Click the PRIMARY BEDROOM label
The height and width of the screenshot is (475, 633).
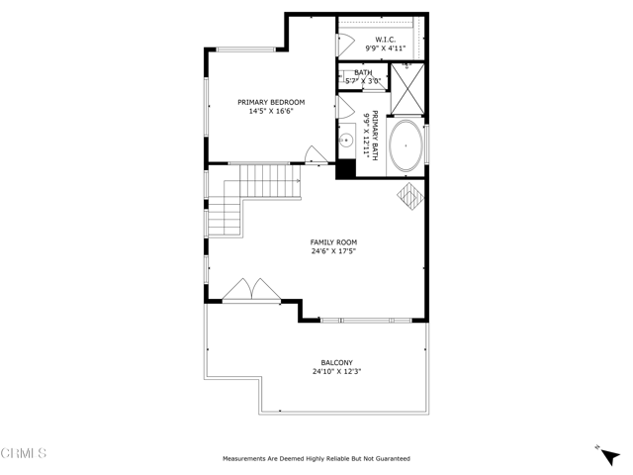click(271, 102)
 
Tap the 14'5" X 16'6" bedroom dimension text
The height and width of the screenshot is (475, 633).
click(271, 112)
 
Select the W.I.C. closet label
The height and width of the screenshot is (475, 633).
click(386, 40)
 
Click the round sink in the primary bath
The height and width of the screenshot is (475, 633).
click(347, 142)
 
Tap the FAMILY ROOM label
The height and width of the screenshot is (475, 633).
click(333, 241)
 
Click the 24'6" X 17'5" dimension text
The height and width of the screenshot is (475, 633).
click(333, 251)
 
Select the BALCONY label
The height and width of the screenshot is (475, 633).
click(336, 362)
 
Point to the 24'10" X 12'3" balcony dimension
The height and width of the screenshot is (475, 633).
click(336, 372)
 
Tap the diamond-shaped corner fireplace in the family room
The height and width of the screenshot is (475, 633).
click(410, 196)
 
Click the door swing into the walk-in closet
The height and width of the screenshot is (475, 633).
click(345, 44)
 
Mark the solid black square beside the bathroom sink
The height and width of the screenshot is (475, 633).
click(346, 168)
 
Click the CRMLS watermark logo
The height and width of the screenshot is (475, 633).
click(25, 454)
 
